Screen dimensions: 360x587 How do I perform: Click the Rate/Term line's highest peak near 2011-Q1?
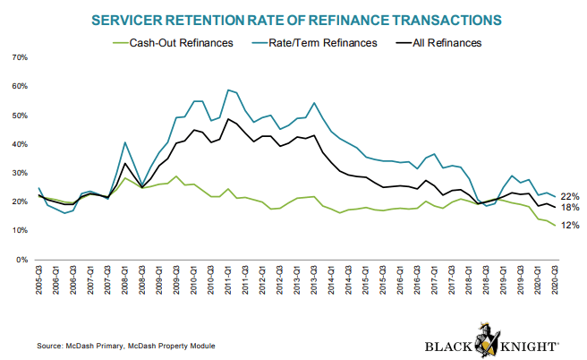228,90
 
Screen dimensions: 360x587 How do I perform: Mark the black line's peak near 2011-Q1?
228,119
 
